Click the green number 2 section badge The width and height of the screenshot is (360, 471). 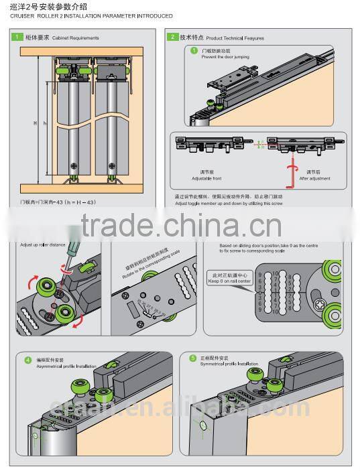[x=174, y=38]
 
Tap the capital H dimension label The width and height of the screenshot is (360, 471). [x=35, y=123]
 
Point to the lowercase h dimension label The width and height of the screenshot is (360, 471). [x=45, y=123]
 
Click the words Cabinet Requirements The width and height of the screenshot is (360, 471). [x=77, y=38]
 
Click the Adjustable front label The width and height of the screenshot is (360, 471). [x=206, y=179]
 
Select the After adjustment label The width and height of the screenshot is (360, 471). [x=313, y=179]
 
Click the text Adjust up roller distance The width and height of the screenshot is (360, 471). [x=44, y=245]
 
